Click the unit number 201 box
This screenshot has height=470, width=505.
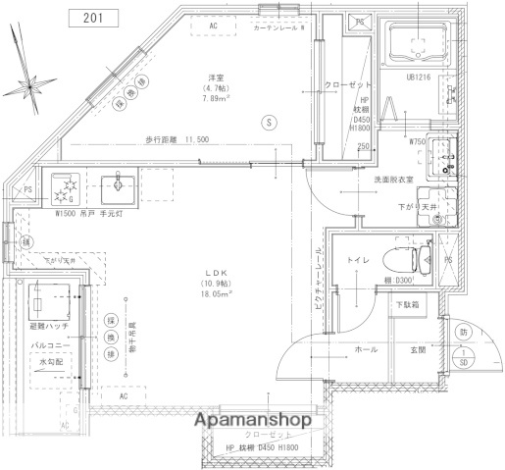[94, 18]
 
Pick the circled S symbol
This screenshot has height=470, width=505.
[268, 122]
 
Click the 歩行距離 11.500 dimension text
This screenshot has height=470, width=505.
[177, 139]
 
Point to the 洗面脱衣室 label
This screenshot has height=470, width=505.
[391, 182]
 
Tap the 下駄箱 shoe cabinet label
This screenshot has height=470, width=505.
[408, 305]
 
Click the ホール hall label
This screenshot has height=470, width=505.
[366, 349]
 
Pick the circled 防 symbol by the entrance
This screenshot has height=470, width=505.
[463, 333]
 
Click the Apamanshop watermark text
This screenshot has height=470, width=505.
[253, 419]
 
